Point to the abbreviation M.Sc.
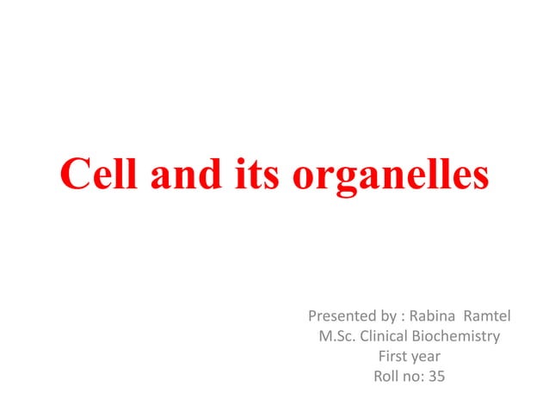[x=338, y=335]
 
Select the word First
[x=393, y=355]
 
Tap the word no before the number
[x=414, y=376]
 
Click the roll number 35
[x=437, y=375]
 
